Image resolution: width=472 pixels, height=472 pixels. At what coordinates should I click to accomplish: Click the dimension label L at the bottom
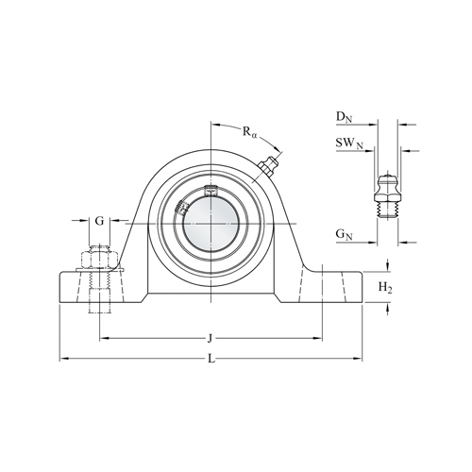211,360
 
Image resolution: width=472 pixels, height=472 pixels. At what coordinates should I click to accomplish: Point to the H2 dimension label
384,286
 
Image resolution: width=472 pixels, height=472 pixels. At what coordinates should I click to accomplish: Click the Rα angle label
249,133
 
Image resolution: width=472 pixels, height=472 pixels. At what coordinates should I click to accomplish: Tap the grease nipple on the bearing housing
266,170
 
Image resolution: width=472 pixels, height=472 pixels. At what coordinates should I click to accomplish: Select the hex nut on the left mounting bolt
99,258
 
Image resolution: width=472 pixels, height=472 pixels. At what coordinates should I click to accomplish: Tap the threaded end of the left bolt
99,302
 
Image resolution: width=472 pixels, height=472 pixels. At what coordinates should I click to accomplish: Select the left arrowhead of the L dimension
63,359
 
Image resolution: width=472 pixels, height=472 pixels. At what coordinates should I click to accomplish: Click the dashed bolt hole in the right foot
321,287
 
